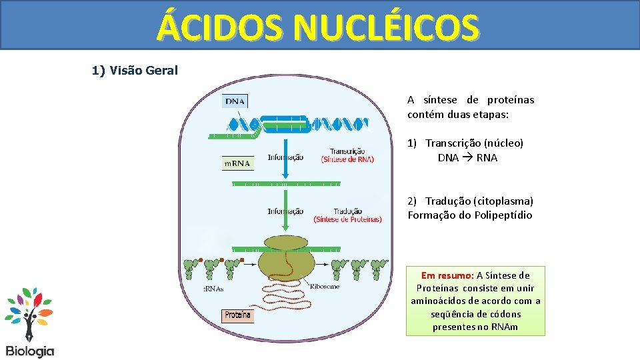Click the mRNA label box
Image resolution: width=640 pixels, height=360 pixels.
click(237, 163)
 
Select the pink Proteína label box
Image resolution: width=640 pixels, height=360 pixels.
click(237, 315)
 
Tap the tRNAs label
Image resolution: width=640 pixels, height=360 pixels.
click(213, 289)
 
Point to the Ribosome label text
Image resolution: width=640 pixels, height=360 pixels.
click(325, 286)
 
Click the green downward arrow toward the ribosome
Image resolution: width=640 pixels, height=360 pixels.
click(285, 210)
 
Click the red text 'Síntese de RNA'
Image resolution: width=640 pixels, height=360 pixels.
click(347, 159)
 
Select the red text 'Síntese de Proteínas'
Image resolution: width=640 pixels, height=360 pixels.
click(347, 219)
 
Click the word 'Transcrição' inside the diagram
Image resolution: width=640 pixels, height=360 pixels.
click(347, 151)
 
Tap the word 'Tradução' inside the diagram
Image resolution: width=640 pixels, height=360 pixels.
click(348, 211)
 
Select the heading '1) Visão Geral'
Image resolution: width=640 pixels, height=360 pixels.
click(135, 70)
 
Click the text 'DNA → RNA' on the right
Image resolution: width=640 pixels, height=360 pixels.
click(467, 158)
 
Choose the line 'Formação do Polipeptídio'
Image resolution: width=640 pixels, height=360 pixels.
click(470, 215)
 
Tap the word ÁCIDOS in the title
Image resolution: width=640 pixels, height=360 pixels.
click(223, 28)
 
